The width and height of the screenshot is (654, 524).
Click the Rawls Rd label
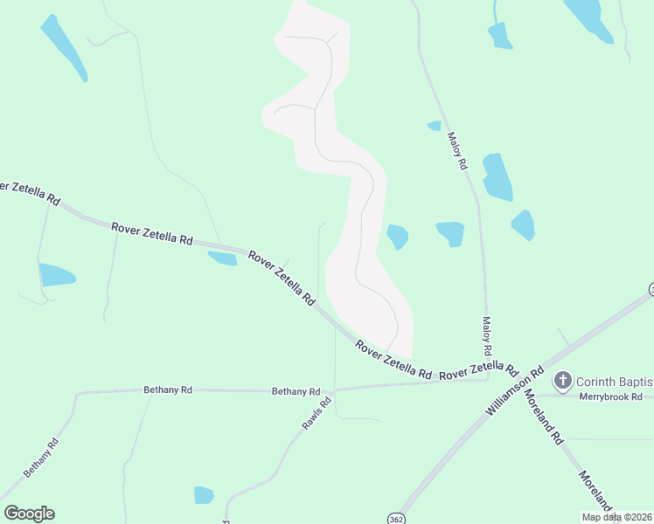pyautogui.click(x=317, y=413)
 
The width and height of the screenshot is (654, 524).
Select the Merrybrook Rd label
pyautogui.click(x=616, y=396)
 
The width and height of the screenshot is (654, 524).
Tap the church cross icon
pyautogui.click(x=563, y=381)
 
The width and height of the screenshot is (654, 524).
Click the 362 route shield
pyautogui.click(x=397, y=516)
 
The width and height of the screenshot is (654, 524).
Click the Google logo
pyautogui.click(x=29, y=514)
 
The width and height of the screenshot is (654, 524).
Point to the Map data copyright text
pyautogui.click(x=616, y=517)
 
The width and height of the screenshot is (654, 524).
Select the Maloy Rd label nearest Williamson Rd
pyautogui.click(x=487, y=335)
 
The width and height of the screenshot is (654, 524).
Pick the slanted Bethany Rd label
pyautogui.click(x=41, y=457)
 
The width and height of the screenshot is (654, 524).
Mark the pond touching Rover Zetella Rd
pyautogui.click(x=222, y=258)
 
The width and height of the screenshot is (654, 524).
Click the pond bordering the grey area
pyautogui.click(x=397, y=236)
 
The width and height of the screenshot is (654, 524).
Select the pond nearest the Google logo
pyautogui.click(x=204, y=495)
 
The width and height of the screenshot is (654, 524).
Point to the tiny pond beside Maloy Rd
pyautogui.click(x=434, y=126)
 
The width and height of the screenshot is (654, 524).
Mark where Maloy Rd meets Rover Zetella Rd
pyautogui.click(x=488, y=379)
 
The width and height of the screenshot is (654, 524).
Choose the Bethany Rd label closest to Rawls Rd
pyautogui.click(x=296, y=391)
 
